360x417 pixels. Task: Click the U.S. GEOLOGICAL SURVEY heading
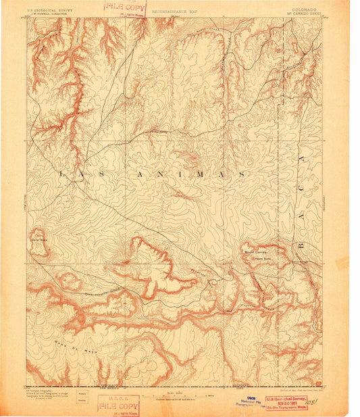tap(49, 9)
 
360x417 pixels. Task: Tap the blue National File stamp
tap(251, 402)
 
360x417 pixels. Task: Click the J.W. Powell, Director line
tap(48, 14)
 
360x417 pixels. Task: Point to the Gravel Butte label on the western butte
tap(38, 239)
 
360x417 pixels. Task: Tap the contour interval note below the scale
tap(180, 400)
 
